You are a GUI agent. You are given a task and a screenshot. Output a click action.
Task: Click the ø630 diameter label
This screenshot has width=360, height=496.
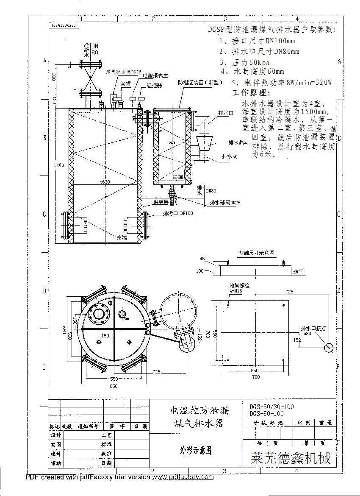(x=105, y=182)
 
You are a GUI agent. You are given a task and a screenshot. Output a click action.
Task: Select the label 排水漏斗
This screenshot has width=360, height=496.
(x=238, y=143)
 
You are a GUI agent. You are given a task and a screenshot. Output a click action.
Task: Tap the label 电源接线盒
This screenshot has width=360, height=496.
(x=155, y=75)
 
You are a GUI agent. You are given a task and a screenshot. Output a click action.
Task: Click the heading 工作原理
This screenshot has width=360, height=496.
(x=251, y=92)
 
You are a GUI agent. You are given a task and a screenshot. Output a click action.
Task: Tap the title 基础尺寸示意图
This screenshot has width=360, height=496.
(x=256, y=253)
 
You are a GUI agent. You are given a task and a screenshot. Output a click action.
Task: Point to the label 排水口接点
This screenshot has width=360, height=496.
(x=313, y=328)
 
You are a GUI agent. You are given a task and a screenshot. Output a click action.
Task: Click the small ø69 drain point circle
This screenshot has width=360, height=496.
(x=329, y=348)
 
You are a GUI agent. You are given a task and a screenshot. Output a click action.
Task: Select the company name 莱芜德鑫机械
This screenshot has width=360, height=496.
(x=291, y=458)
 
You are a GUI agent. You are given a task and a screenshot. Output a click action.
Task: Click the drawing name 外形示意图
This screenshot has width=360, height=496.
(x=196, y=450)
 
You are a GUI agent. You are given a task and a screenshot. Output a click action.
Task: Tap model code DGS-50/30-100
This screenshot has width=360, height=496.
(x=271, y=407)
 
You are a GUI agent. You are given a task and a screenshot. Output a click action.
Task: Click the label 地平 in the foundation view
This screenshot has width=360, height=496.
(x=298, y=272)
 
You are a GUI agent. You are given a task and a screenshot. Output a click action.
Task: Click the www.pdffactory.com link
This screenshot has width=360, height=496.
(x=183, y=477)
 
